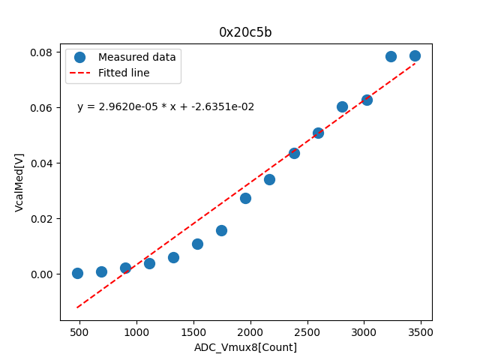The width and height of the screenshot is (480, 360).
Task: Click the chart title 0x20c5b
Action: coord(245,32)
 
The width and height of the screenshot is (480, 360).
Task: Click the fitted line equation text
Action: coord(166,107)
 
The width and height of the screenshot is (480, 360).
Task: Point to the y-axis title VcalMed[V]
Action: coord(19,182)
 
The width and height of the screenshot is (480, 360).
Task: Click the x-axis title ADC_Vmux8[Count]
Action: coord(245,347)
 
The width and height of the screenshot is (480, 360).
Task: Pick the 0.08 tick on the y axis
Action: coord(41,52)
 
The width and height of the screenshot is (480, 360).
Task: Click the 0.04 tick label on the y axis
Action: coord(41,163)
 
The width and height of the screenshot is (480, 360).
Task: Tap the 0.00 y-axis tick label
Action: coord(41,274)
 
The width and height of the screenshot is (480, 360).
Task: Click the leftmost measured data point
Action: coord(77,273)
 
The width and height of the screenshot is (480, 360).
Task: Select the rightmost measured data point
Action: coord(415,55)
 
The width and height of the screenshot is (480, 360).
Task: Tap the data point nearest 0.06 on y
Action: coord(342,106)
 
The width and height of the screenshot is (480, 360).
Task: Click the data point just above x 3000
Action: coord(367,100)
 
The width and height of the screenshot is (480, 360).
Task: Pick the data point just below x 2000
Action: coord(245,198)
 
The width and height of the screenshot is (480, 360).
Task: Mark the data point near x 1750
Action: coord(221,230)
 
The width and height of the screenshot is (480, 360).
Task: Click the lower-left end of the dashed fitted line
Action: coord(77,307)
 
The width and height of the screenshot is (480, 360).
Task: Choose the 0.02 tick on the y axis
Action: coord(41,219)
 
